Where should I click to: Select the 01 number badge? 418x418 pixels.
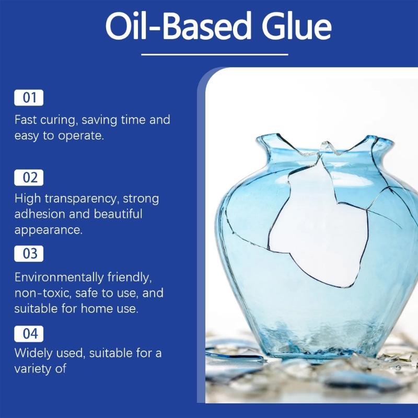click(29, 98)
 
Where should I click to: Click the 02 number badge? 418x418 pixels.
click(29, 177)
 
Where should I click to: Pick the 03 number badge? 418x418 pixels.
click(29, 254)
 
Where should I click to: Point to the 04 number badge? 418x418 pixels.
click(29, 333)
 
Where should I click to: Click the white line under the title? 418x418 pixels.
click(214, 54)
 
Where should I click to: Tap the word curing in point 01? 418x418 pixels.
click(59, 120)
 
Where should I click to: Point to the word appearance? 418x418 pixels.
click(48, 230)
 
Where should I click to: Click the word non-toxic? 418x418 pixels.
click(41, 293)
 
